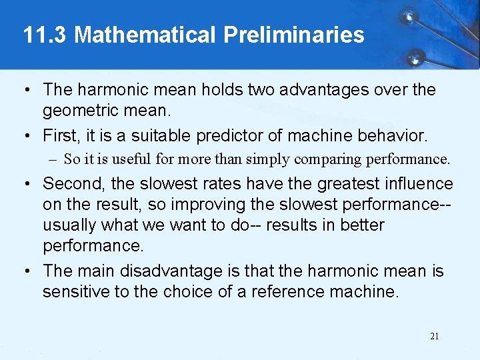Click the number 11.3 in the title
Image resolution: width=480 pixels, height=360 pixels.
click(45, 35)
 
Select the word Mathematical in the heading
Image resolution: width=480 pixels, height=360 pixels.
click(146, 35)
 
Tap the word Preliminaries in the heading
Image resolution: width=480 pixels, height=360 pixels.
click(294, 35)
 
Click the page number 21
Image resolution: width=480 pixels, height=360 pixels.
click(434, 336)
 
